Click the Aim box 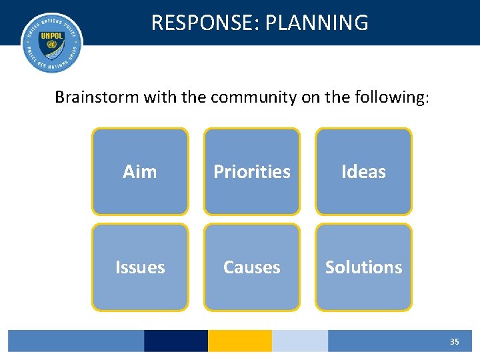140,171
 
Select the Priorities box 252,171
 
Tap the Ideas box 363,171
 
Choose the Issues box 140,267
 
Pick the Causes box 252,267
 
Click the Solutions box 363,267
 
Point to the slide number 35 454,341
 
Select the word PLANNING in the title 317,23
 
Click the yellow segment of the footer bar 240,341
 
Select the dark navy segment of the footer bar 176,341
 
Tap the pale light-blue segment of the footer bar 300,341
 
